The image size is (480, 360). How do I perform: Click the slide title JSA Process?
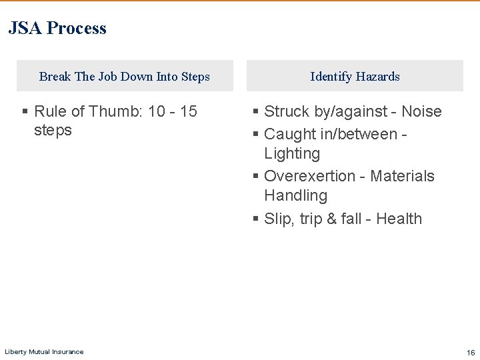[x=57, y=28]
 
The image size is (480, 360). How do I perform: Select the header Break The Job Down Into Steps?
[x=125, y=77]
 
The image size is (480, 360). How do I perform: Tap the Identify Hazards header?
[x=355, y=77]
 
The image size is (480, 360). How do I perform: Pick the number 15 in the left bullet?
[x=189, y=111]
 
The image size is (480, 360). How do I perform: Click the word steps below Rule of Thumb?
[x=53, y=130]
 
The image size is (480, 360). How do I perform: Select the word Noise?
[x=421, y=111]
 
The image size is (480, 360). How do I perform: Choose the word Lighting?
[x=292, y=153]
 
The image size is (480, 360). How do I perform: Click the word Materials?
[x=402, y=176]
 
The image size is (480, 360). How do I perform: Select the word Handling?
[x=295, y=195]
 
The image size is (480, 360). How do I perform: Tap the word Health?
[x=399, y=219]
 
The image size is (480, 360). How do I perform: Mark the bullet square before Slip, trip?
[x=255, y=219]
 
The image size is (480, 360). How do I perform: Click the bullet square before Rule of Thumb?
[x=25, y=112]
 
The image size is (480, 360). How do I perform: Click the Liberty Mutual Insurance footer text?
[x=44, y=352]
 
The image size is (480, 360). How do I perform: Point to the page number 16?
[x=471, y=352]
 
